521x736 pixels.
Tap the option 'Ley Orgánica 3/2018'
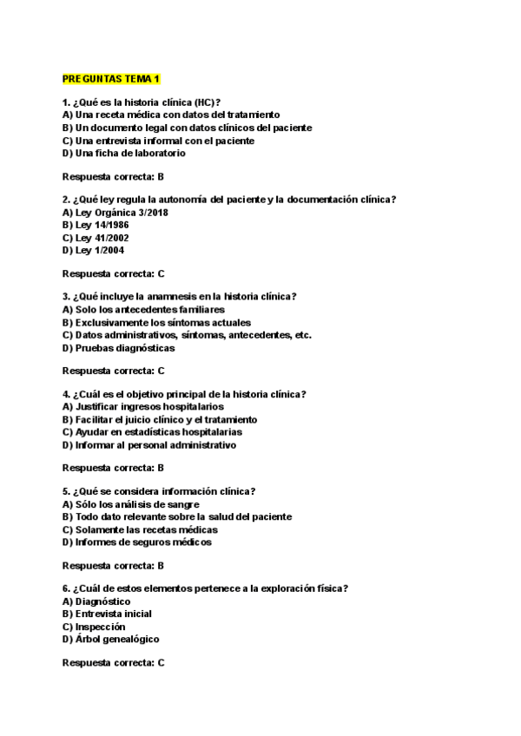[115, 211]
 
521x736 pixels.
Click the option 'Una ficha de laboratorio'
[124, 153]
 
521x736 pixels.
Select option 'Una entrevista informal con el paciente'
[158, 140]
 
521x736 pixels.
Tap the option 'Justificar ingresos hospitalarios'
[143, 406]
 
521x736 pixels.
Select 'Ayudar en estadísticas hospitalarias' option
[152, 432]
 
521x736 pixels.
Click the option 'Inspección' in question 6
[94, 627]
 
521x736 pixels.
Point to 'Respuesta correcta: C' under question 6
[114, 662]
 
